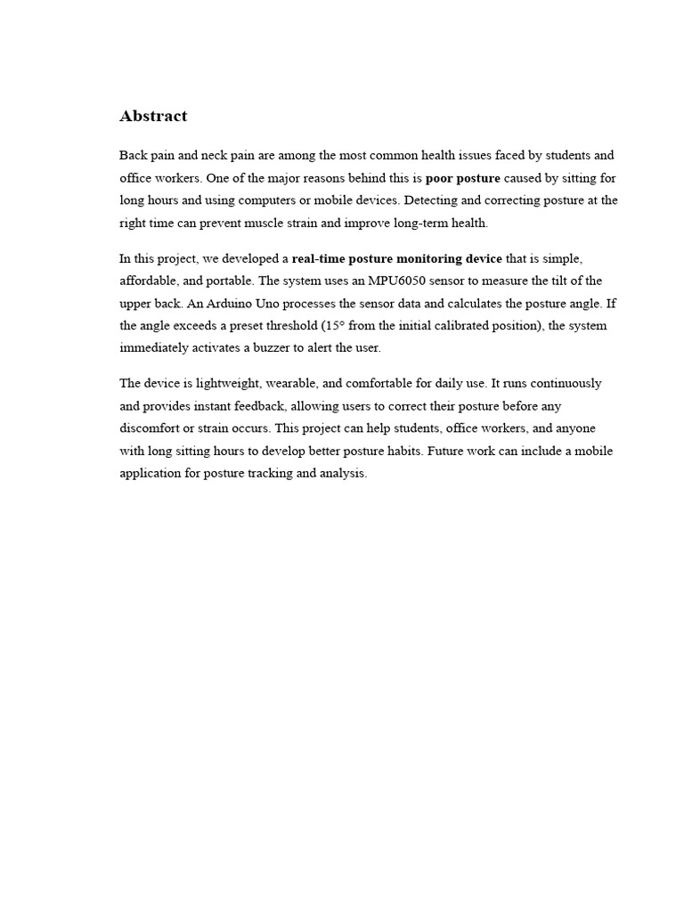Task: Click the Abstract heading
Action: tap(153, 116)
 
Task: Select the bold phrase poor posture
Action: tap(463, 177)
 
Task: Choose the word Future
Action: tap(446, 451)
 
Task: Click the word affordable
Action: tap(148, 281)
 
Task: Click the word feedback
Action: tap(255, 406)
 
